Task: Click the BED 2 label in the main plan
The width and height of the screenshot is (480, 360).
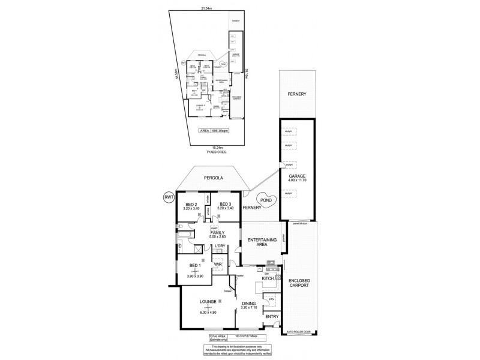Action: [192, 204]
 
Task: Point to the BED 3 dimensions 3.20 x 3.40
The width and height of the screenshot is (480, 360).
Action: [226, 209]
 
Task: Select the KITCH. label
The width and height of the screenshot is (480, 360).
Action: [268, 278]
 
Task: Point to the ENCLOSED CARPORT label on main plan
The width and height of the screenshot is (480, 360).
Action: [298, 283]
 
